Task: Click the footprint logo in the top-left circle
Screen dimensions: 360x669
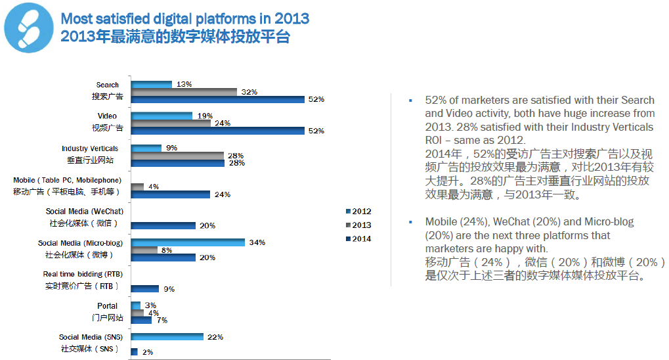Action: pos(30,30)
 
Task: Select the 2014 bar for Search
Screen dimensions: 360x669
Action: pos(218,99)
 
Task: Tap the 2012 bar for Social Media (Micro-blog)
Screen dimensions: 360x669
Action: pos(188,242)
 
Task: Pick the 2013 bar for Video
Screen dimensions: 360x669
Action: pos(171,123)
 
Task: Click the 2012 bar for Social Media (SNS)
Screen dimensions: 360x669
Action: pos(167,337)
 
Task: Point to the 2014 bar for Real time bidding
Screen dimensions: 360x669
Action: pos(145,288)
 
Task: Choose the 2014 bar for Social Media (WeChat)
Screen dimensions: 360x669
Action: pos(163,225)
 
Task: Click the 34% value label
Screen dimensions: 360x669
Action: pos(257,242)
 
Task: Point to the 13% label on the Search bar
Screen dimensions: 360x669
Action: pos(184,85)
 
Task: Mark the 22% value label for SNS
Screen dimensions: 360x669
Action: pos(215,337)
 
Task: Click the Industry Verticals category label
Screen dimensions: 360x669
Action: pos(90,149)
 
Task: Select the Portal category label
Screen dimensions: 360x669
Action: pos(107,305)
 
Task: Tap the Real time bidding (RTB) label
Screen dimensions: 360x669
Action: pos(83,274)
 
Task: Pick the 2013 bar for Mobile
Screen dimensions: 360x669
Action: pos(137,187)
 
